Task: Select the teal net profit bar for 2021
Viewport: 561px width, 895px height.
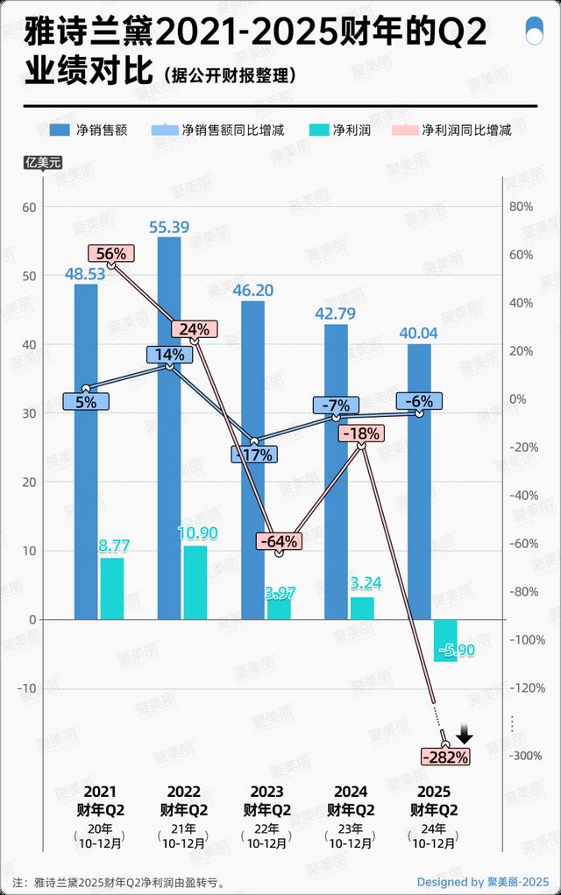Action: [x=112, y=588]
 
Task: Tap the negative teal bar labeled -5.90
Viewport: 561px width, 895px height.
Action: [x=445, y=640]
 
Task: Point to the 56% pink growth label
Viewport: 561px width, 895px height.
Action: [x=111, y=254]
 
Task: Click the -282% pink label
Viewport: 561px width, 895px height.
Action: [x=446, y=756]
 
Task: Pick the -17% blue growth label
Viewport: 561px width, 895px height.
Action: [x=255, y=455]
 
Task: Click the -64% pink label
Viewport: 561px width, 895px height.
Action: [x=280, y=541]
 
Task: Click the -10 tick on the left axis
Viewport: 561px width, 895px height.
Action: [x=31, y=688]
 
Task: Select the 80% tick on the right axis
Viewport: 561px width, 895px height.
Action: [x=522, y=207]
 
